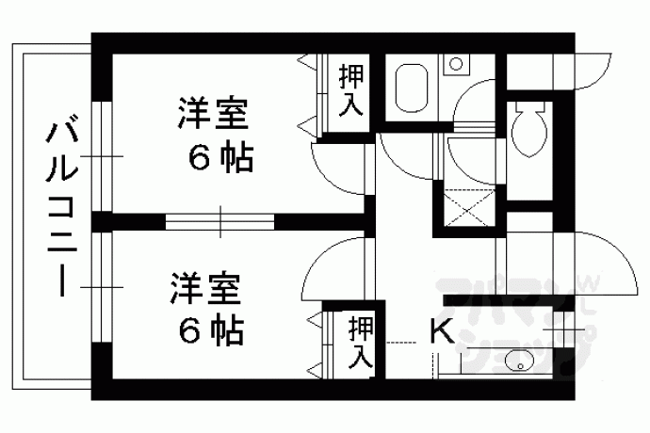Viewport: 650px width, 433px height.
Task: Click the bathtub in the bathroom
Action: pos(412,88)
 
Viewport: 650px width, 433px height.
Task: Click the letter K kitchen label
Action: pos(442,331)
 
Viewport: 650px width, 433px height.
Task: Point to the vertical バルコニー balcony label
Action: pos(62,209)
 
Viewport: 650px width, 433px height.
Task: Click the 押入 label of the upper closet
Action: pos(351,90)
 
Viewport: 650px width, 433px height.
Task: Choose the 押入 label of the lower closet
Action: pos(360,343)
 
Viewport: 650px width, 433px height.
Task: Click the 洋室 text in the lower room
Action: pos(205,288)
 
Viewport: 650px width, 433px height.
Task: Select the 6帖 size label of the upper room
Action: pos(220,159)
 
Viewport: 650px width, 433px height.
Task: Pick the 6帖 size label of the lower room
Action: pos(211,332)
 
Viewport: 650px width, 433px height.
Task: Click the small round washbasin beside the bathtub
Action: pos(456,64)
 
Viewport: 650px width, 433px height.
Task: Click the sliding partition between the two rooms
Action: pos(219,222)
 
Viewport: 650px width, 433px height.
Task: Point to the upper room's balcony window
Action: pos(102,156)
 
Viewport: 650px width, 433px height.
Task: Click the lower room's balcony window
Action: pos(102,287)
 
